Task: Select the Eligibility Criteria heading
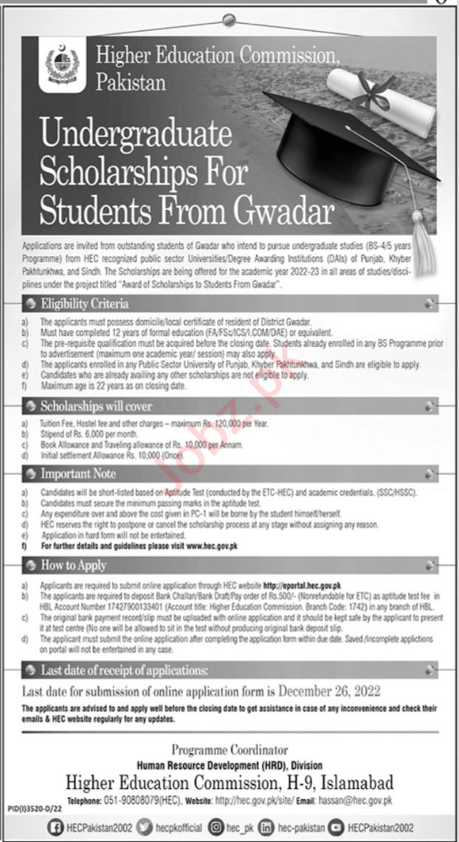(85, 303)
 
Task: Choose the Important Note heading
(78, 473)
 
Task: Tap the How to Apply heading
(74, 565)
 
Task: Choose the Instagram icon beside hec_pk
(216, 827)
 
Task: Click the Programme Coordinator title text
(229, 750)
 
